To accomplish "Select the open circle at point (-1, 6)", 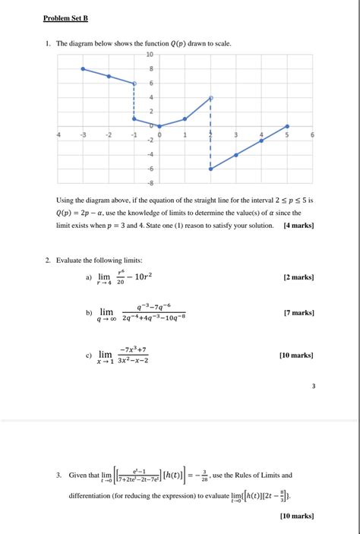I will pos(134,84).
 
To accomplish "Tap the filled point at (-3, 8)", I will pos(83,68).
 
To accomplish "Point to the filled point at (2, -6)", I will pos(210,169).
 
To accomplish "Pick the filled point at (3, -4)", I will pos(236,154).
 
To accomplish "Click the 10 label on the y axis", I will pos(150,55).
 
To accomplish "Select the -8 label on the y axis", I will pos(150,183).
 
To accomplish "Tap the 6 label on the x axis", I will pos(312,134).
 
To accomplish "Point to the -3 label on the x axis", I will pos(83,134).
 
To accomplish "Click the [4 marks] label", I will pos(298,226).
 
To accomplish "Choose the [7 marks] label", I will pos(297,313).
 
